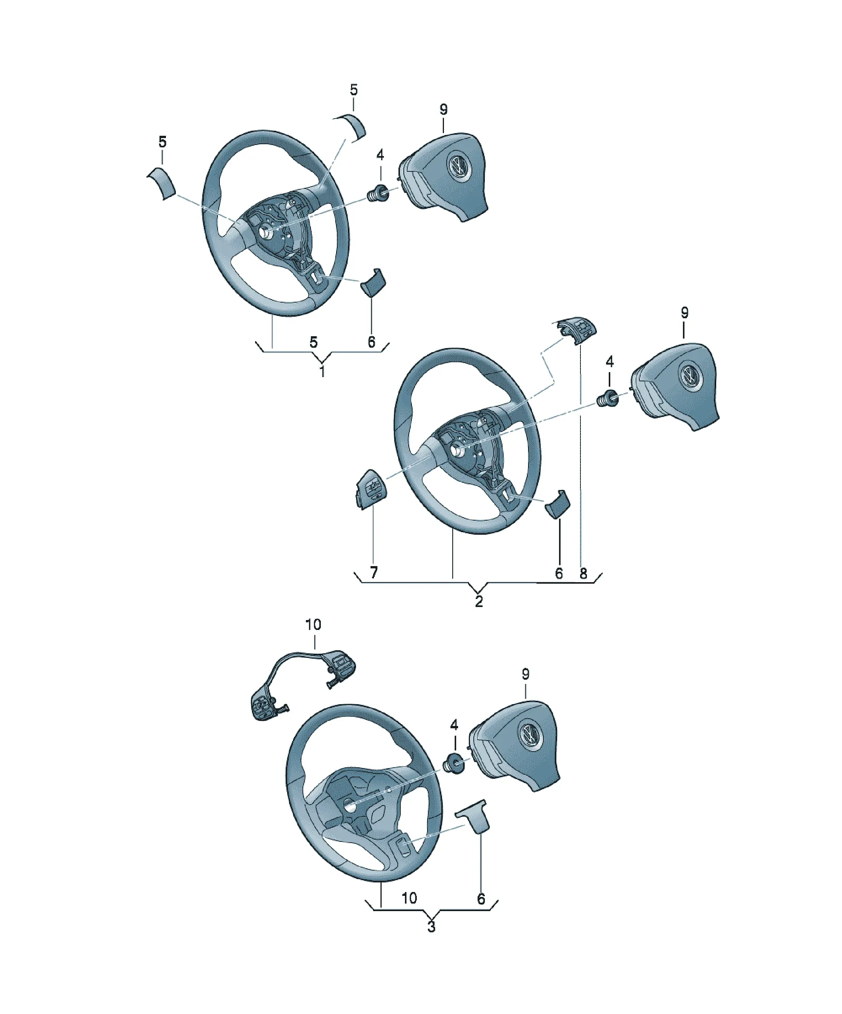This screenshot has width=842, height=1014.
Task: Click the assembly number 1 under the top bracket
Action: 322,371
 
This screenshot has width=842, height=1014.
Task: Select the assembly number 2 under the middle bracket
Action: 478,601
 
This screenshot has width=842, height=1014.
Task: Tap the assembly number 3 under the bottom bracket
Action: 432,927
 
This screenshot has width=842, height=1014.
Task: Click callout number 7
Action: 374,573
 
